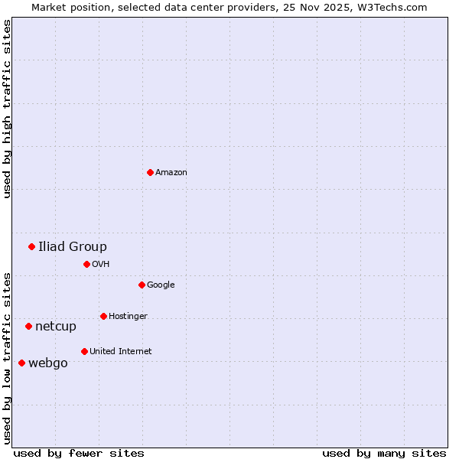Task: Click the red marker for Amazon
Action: tap(150, 172)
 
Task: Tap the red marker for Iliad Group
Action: tap(31, 246)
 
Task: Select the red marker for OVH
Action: tap(86, 264)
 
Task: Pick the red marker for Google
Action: tap(142, 285)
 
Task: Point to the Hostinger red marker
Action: tap(103, 316)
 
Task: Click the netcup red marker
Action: tap(28, 326)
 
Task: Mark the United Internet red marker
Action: tap(84, 351)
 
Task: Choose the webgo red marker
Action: tap(21, 363)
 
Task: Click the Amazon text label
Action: tap(171, 173)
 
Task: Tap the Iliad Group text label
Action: tap(73, 246)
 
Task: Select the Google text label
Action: tap(161, 285)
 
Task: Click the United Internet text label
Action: tap(120, 352)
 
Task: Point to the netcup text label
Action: tap(56, 327)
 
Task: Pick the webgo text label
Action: tap(47, 363)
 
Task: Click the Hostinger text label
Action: tap(128, 317)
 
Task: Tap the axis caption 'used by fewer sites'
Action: tap(79, 453)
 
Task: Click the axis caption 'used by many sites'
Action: tap(384, 453)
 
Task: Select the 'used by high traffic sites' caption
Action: tap(7, 109)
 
